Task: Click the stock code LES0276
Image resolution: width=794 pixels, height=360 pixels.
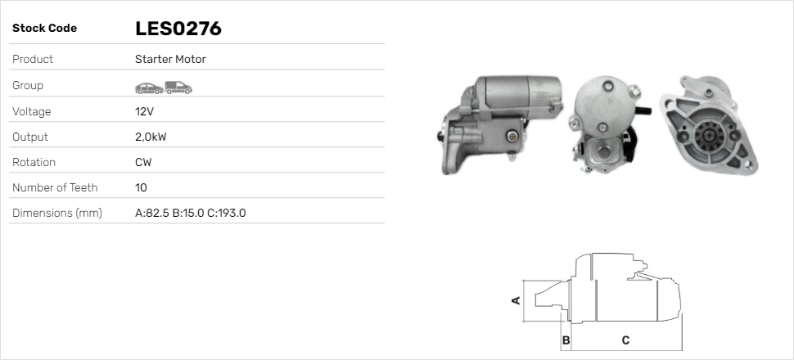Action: click(178, 29)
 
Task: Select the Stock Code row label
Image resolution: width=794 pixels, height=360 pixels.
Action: click(44, 29)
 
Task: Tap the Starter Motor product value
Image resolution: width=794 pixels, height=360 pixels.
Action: click(170, 59)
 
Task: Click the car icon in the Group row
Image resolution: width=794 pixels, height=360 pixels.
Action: click(149, 88)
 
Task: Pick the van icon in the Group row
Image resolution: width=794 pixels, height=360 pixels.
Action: click(178, 88)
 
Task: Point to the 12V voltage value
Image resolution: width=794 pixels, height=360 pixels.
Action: click(144, 111)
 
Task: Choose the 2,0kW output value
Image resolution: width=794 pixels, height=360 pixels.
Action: click(151, 137)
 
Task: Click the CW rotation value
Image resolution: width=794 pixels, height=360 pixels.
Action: click(143, 163)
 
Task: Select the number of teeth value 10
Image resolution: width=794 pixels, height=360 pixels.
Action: click(141, 188)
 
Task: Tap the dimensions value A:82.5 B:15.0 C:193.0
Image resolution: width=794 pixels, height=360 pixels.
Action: click(191, 214)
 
